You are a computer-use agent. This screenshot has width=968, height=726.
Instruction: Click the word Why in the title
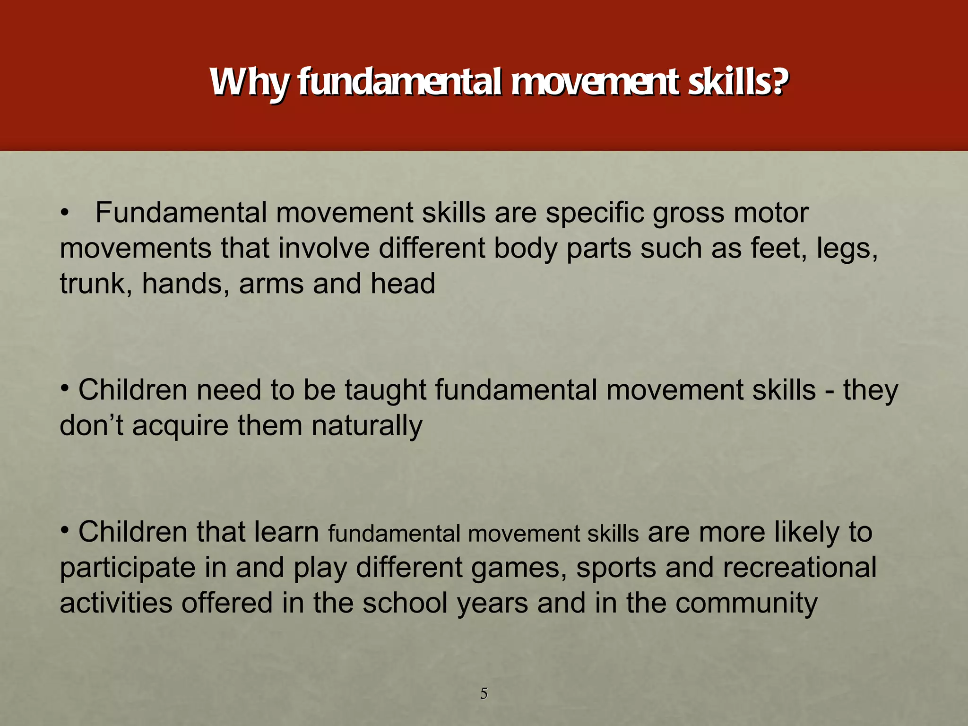pos(249,83)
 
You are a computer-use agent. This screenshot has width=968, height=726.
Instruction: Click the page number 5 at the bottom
pos(484,693)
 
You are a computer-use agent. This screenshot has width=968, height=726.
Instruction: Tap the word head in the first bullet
pos(402,284)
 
